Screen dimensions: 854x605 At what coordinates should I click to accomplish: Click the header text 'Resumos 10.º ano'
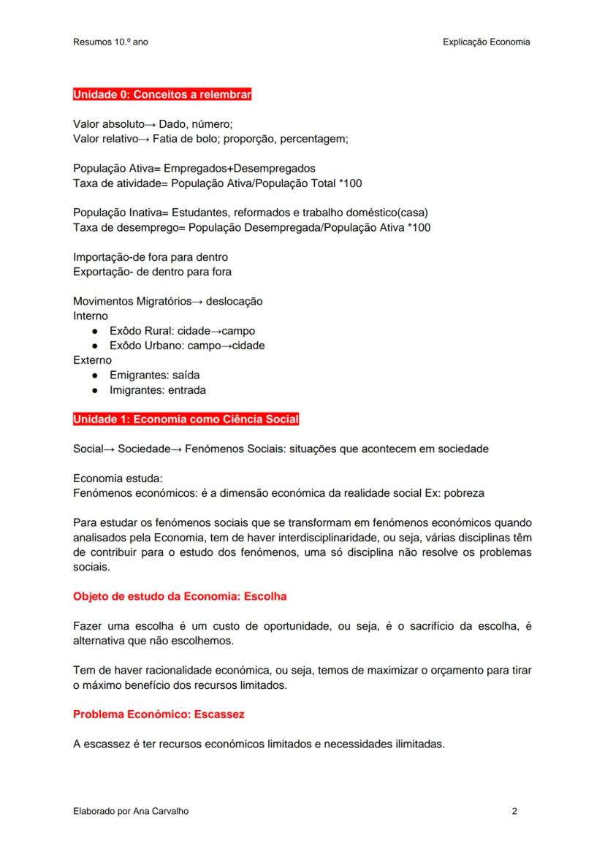110,42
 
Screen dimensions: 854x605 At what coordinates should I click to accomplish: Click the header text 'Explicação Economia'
486,42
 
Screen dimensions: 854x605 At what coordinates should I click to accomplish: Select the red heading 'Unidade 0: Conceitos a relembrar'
162,94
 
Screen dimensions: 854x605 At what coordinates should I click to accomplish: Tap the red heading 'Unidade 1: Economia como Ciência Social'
186,419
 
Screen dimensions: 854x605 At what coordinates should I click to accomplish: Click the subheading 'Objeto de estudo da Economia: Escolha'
180,596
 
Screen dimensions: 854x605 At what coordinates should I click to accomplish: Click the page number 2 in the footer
514,811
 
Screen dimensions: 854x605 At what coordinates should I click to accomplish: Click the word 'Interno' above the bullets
91,316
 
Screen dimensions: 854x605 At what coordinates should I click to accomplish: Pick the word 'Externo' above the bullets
92,360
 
